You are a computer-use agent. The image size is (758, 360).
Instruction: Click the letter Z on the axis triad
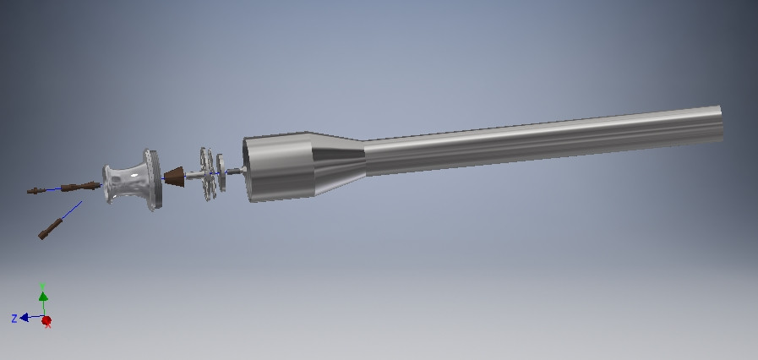pos(14,319)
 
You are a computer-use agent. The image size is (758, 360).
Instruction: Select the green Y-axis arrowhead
pos(44,297)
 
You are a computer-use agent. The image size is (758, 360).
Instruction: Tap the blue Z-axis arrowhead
pos(26,318)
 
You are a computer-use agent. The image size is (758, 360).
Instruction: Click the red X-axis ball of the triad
pos(46,321)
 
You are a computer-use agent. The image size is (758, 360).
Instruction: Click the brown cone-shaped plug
pos(174,177)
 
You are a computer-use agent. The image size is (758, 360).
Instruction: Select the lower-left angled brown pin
pos(50,228)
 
